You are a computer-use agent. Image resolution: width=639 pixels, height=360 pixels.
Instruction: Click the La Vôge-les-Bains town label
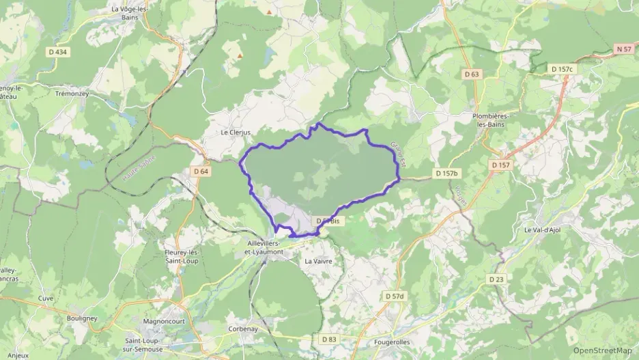click(130, 13)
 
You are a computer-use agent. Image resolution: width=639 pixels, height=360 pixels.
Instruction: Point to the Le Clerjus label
click(236, 133)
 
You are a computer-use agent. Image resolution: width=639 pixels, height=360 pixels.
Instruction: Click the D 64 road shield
click(201, 171)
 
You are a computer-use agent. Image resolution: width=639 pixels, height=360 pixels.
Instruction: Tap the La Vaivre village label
click(318, 261)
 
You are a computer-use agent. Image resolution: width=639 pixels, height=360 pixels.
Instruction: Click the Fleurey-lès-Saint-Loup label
click(180, 257)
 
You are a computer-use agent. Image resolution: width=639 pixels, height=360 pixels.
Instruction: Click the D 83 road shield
click(329, 339)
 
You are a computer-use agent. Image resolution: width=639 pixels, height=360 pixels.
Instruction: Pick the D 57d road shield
click(395, 296)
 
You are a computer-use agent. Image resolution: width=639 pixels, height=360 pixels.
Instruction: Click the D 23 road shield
click(496, 279)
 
